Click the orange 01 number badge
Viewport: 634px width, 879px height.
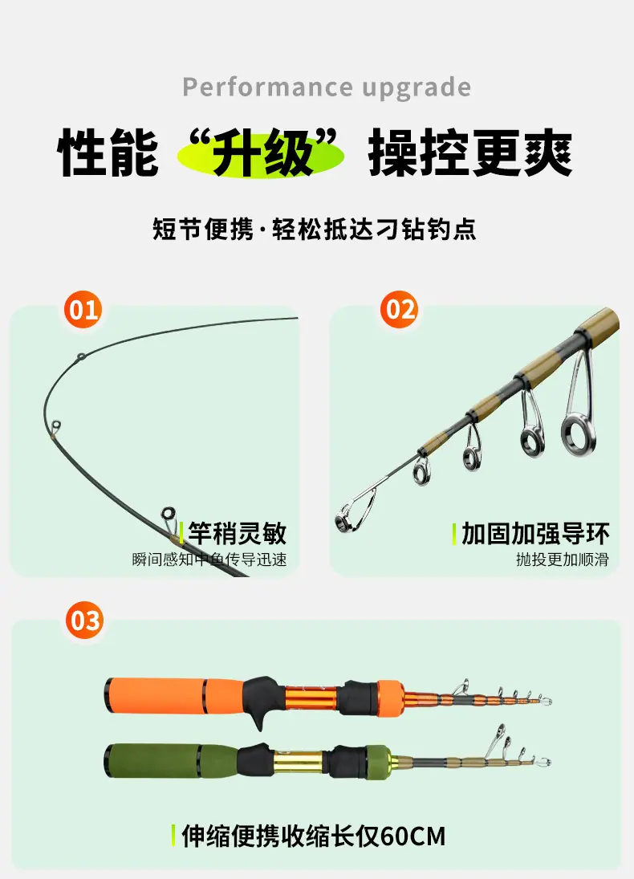[83, 309]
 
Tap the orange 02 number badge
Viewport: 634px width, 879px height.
[399, 309]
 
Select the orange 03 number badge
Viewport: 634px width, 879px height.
[84, 620]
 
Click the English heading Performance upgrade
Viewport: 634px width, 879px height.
[327, 87]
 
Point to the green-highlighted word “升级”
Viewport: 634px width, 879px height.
[261, 153]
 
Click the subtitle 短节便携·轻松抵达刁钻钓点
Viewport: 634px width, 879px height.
[315, 230]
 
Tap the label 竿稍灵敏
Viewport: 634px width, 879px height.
[237, 533]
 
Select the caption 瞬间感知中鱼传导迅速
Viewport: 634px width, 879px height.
[209, 560]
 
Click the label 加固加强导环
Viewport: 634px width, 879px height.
[535, 534]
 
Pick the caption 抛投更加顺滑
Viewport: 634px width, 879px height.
[563, 560]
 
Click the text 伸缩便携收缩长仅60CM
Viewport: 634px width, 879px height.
[313, 836]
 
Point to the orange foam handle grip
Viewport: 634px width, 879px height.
[155, 695]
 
